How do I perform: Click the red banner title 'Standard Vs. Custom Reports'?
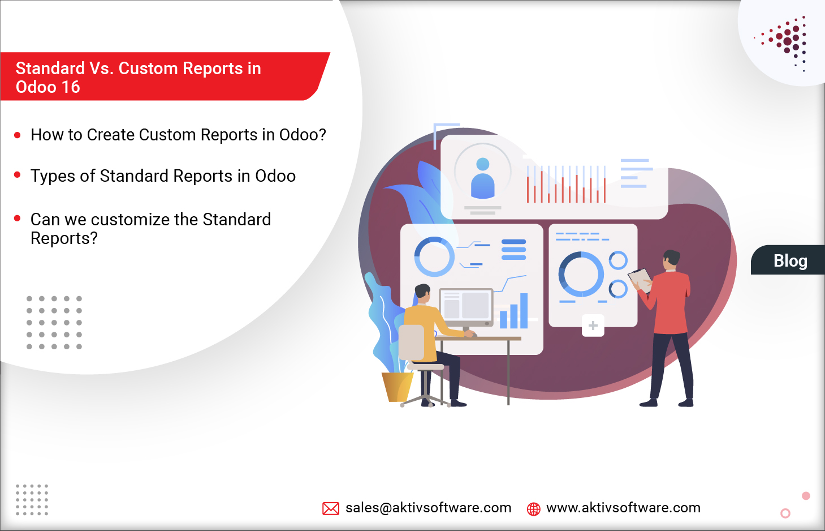click(x=138, y=69)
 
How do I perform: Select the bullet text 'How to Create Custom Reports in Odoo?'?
click(x=178, y=135)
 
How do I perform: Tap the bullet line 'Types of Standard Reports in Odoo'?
click(x=163, y=176)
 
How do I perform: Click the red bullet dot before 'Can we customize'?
click(x=18, y=218)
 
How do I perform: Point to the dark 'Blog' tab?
click(x=789, y=260)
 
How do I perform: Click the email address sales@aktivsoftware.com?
click(x=428, y=508)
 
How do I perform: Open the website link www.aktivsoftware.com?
click(x=623, y=508)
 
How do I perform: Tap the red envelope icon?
click(x=331, y=508)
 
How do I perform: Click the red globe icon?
click(x=533, y=509)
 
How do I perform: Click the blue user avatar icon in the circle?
click(x=483, y=179)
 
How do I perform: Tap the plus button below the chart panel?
click(x=593, y=326)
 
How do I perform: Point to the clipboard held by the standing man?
click(x=641, y=279)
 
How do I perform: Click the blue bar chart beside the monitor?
click(x=514, y=313)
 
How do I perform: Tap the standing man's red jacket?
click(x=671, y=303)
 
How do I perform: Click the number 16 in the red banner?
click(x=71, y=87)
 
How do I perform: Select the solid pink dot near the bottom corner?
click(x=806, y=496)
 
